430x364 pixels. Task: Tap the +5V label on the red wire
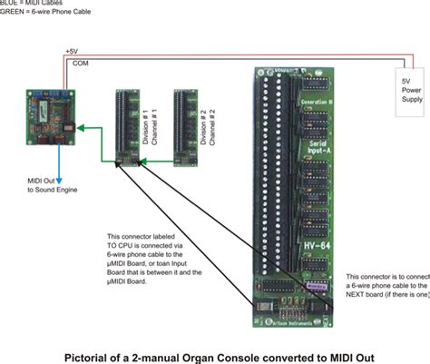[72, 52]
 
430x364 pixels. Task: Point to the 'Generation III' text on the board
[317, 103]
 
